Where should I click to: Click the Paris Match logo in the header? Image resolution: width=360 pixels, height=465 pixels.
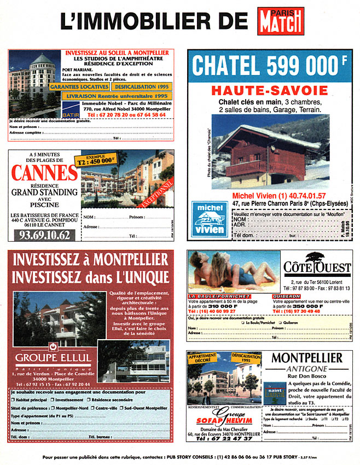tap(281, 21)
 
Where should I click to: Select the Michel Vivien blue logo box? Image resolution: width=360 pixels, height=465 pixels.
tap(210, 219)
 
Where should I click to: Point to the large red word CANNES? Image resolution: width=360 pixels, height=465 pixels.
tap(44, 173)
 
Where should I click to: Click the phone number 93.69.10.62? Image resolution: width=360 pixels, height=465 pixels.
tap(44, 235)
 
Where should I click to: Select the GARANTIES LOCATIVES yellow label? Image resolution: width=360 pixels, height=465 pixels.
tap(79, 87)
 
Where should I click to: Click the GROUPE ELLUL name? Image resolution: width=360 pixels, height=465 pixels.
tap(53, 358)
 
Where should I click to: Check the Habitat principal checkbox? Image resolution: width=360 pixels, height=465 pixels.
tap(13, 400)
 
